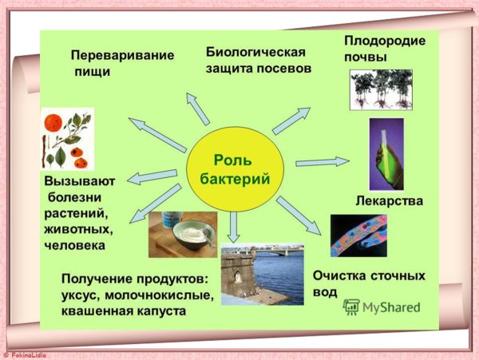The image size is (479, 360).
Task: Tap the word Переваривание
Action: [x=121, y=57]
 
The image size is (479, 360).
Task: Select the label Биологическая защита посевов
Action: [x=256, y=60]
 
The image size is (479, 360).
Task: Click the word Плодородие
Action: [x=384, y=42]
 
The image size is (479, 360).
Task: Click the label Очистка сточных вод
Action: [x=368, y=283]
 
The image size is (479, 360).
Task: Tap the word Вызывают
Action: [x=79, y=181]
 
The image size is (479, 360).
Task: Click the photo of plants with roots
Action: [x=381, y=89]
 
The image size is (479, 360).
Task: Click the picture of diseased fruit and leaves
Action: [x=67, y=138]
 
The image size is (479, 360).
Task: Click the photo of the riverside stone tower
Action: [x=261, y=275]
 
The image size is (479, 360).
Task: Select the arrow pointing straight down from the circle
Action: [x=233, y=228]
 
